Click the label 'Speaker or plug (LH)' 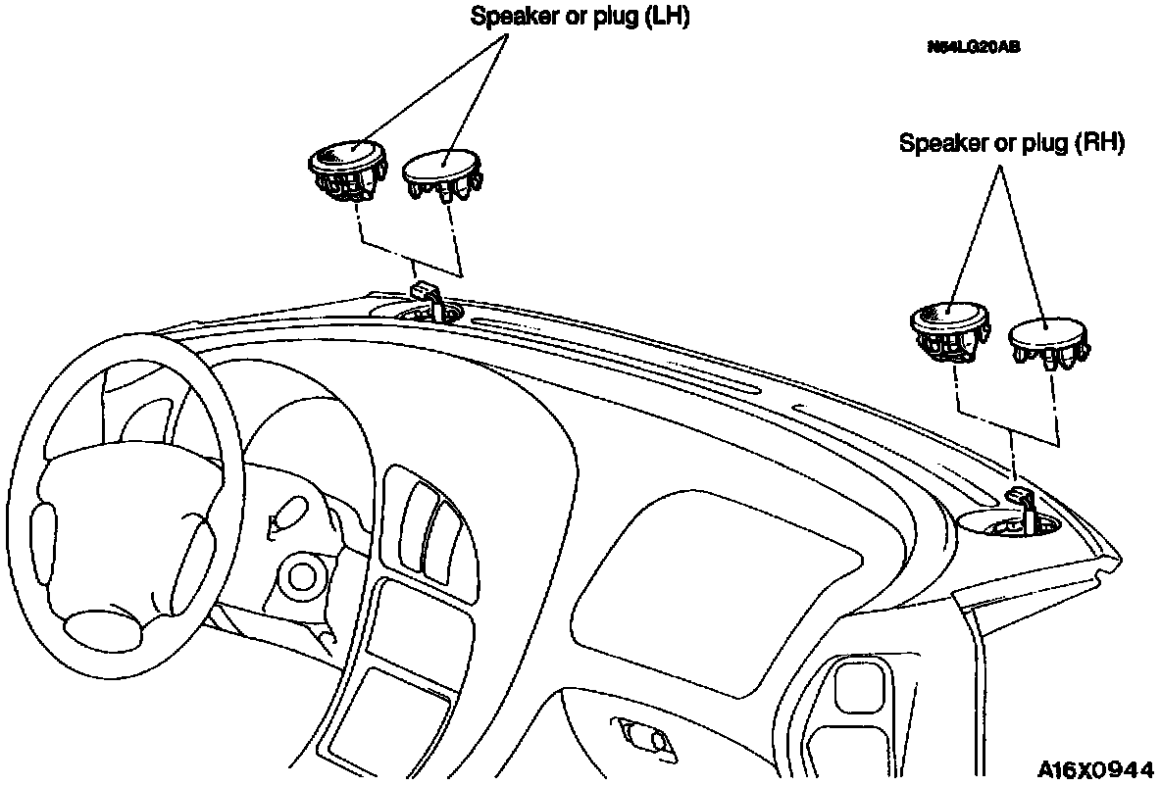pos(580,17)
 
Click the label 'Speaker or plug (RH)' pos(1011,143)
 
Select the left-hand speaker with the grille pos(348,168)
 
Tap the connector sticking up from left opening pos(425,293)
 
